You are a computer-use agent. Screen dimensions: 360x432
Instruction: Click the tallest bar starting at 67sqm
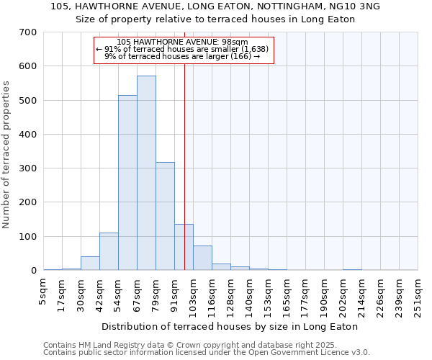[146, 173]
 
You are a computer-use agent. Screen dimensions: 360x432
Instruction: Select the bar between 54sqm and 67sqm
[127, 183]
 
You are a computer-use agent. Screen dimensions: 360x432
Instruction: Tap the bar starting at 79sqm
[165, 216]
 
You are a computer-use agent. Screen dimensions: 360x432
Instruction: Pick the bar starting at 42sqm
[109, 251]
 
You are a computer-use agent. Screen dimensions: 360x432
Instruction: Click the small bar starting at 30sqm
[90, 264]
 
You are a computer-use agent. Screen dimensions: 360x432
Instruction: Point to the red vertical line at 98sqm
[185, 144]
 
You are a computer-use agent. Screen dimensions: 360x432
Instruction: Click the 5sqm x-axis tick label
[44, 292]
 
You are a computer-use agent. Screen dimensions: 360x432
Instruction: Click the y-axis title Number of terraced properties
[6, 154]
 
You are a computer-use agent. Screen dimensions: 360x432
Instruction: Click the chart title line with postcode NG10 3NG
[215, 6]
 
